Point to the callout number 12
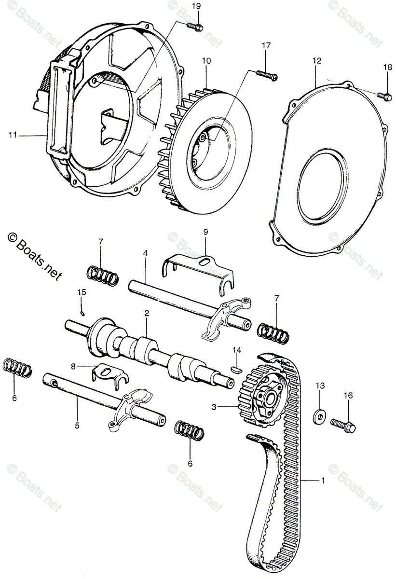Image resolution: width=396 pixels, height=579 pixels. click(316, 61)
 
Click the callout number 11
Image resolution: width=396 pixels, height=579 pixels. click(12, 136)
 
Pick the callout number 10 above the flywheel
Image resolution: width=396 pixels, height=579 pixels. click(206, 61)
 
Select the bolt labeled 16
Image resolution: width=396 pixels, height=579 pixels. click(343, 425)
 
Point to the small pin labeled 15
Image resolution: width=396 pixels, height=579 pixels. click(82, 312)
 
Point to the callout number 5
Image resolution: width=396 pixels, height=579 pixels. click(77, 426)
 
